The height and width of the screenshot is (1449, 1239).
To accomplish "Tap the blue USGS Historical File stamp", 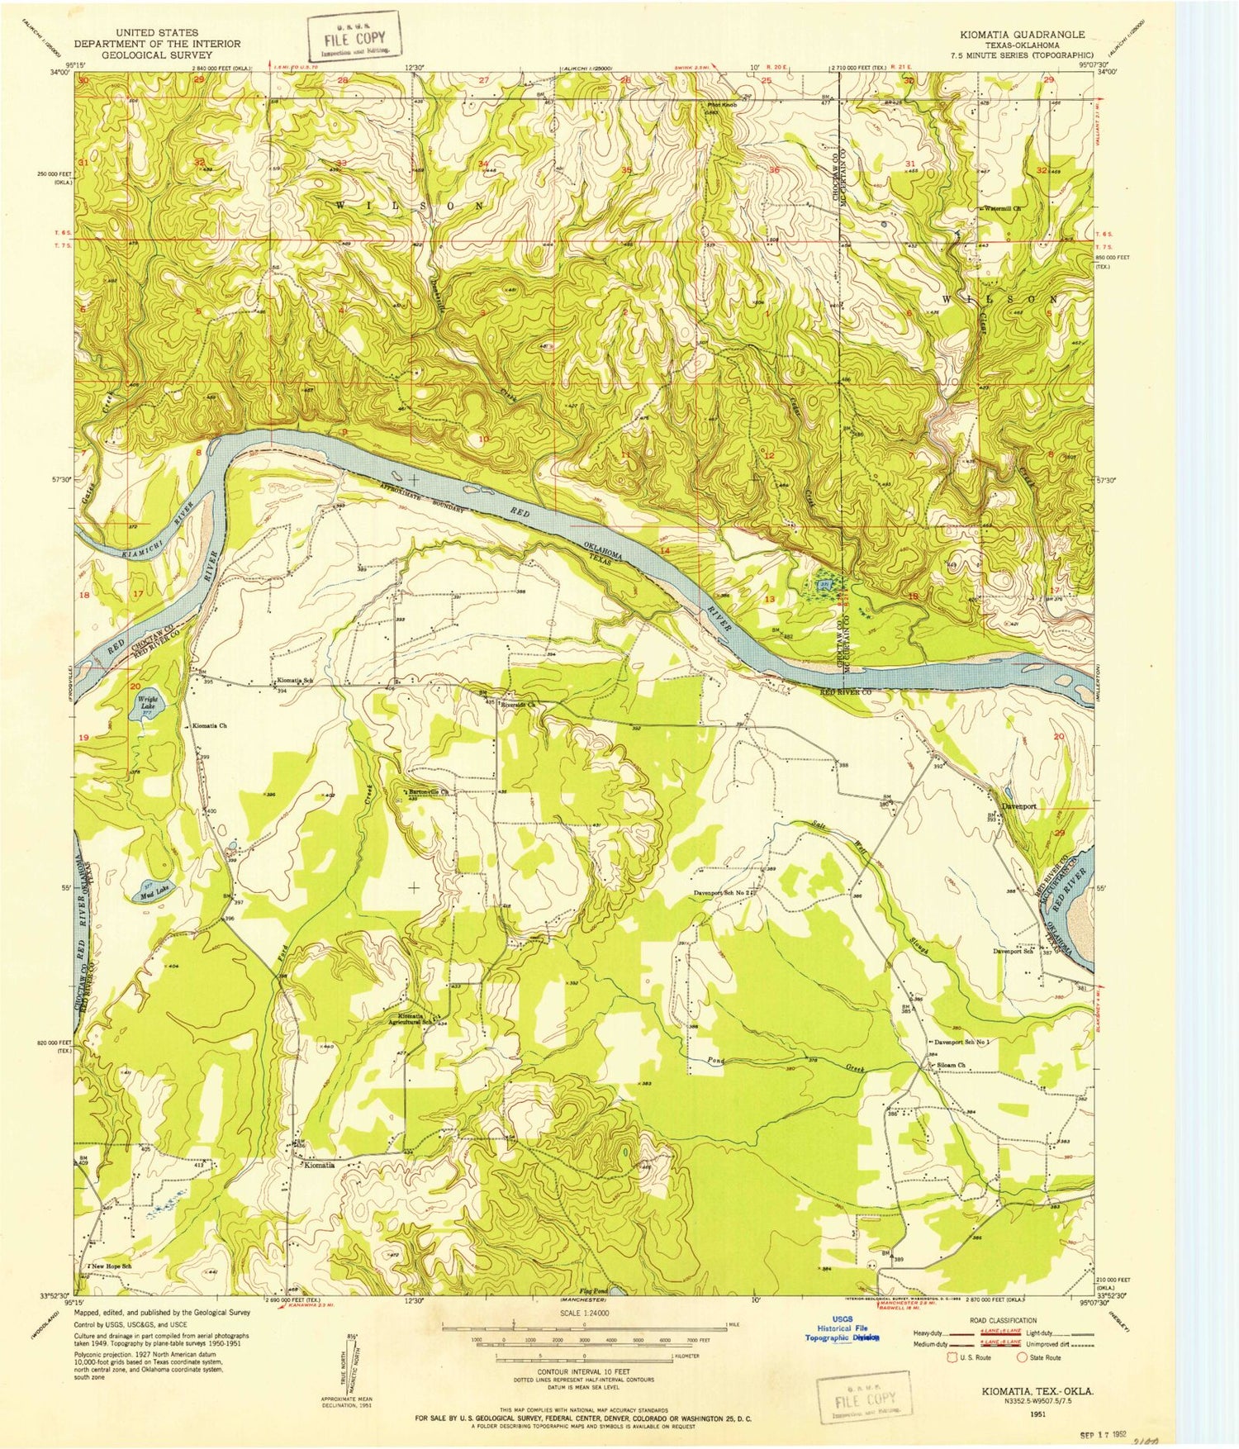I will click(843, 1331).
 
